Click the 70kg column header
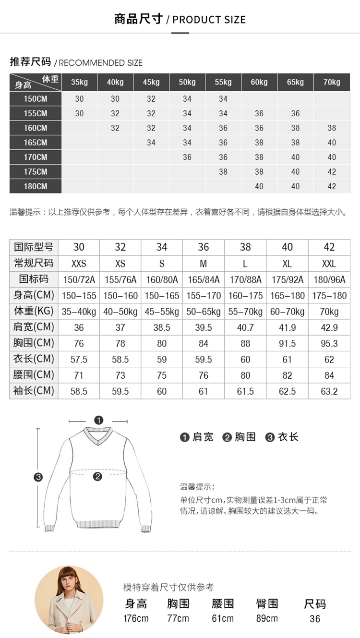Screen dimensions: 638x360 (332, 82)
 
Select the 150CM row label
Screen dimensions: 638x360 (36, 99)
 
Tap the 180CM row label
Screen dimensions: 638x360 (36, 186)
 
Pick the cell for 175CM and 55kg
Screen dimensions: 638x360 (223, 172)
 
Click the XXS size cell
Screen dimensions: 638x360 (79, 264)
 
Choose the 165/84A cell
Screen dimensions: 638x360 (204, 279)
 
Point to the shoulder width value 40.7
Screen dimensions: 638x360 (245, 327)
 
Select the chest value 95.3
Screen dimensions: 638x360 (329, 343)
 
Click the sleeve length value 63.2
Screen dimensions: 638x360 (329, 391)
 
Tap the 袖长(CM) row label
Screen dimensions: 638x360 (34, 391)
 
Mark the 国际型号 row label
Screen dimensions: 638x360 (34, 247)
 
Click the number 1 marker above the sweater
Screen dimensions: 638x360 (99, 421)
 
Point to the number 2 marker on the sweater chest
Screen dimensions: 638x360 (98, 476)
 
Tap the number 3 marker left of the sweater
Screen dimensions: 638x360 (38, 477)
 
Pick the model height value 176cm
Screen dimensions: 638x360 (136, 618)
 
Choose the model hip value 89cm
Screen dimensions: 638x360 (267, 618)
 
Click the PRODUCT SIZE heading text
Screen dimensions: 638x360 (209, 20)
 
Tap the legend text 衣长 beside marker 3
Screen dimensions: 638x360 (288, 437)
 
